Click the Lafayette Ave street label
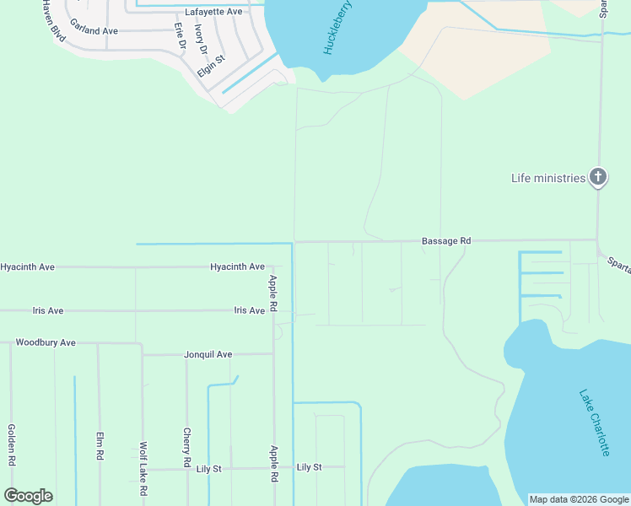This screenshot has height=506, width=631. click(x=213, y=12)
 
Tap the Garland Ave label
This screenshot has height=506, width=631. click(x=94, y=31)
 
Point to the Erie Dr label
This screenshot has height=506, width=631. click(x=180, y=35)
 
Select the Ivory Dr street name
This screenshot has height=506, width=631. click(x=200, y=39)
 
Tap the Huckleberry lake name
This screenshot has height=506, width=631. click(x=337, y=29)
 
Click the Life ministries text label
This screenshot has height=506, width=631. click(x=547, y=178)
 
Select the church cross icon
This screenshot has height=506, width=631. click(x=597, y=177)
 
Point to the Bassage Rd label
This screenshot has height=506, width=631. click(x=446, y=241)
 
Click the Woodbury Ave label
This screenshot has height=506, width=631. click(x=46, y=343)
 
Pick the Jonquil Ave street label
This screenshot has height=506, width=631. click(x=208, y=355)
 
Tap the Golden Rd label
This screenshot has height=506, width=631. click(x=13, y=444)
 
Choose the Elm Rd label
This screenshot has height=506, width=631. click(x=100, y=444)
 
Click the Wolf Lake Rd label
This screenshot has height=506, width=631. click(x=144, y=468)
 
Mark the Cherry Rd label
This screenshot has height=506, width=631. click(x=186, y=447)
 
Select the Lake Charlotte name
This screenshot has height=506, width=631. click(x=594, y=422)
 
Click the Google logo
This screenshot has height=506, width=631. click(x=29, y=496)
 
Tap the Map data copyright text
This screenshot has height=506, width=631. click(x=579, y=499)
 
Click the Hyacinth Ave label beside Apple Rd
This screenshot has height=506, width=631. click(x=237, y=266)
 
